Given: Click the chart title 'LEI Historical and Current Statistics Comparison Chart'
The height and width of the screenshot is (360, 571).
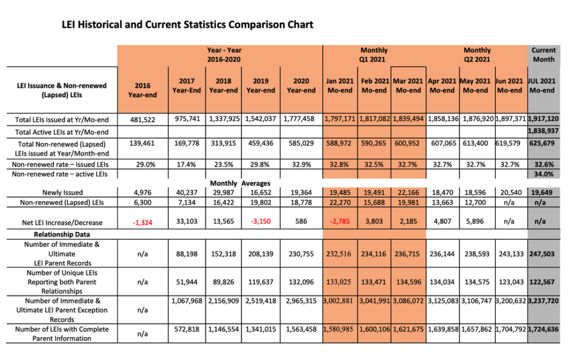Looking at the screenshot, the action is [x=187, y=25].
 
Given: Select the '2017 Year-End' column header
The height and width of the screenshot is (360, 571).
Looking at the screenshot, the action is [x=186, y=85].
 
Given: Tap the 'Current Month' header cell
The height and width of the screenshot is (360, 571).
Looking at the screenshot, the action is [x=543, y=55].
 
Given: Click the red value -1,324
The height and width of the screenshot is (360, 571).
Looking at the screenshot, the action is [x=142, y=222].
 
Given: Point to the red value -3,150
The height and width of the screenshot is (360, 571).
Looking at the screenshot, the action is [x=261, y=221].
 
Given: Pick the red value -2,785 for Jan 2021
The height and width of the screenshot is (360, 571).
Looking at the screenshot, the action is [x=340, y=221].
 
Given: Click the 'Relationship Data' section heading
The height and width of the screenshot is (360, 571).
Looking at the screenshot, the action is [x=62, y=235].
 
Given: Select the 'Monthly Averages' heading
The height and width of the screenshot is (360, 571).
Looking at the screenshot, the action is [x=240, y=183].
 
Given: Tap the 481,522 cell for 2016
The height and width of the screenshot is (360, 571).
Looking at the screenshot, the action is [x=143, y=119].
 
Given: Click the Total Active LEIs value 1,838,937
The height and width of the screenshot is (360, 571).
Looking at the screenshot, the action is [x=543, y=130].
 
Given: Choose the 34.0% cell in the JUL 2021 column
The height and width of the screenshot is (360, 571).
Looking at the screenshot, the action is [x=544, y=174].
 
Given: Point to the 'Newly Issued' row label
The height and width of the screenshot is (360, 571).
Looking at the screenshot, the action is [x=62, y=193].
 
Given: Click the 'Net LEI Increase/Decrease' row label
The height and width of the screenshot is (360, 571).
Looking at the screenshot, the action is [x=62, y=222].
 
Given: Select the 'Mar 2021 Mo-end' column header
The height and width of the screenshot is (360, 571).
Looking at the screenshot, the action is [x=408, y=85].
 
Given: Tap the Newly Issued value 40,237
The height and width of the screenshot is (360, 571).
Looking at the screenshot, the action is [x=186, y=192].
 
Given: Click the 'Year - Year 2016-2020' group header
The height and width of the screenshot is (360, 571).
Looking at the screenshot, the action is [x=224, y=55].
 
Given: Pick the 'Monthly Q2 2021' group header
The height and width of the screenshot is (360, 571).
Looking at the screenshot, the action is [x=477, y=55].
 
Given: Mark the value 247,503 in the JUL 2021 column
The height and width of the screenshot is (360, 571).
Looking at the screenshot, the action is [x=542, y=254].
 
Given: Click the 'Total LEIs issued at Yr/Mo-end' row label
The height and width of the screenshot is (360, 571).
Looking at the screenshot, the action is [x=62, y=120].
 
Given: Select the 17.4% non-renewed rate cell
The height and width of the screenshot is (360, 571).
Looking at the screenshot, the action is [x=186, y=164].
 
